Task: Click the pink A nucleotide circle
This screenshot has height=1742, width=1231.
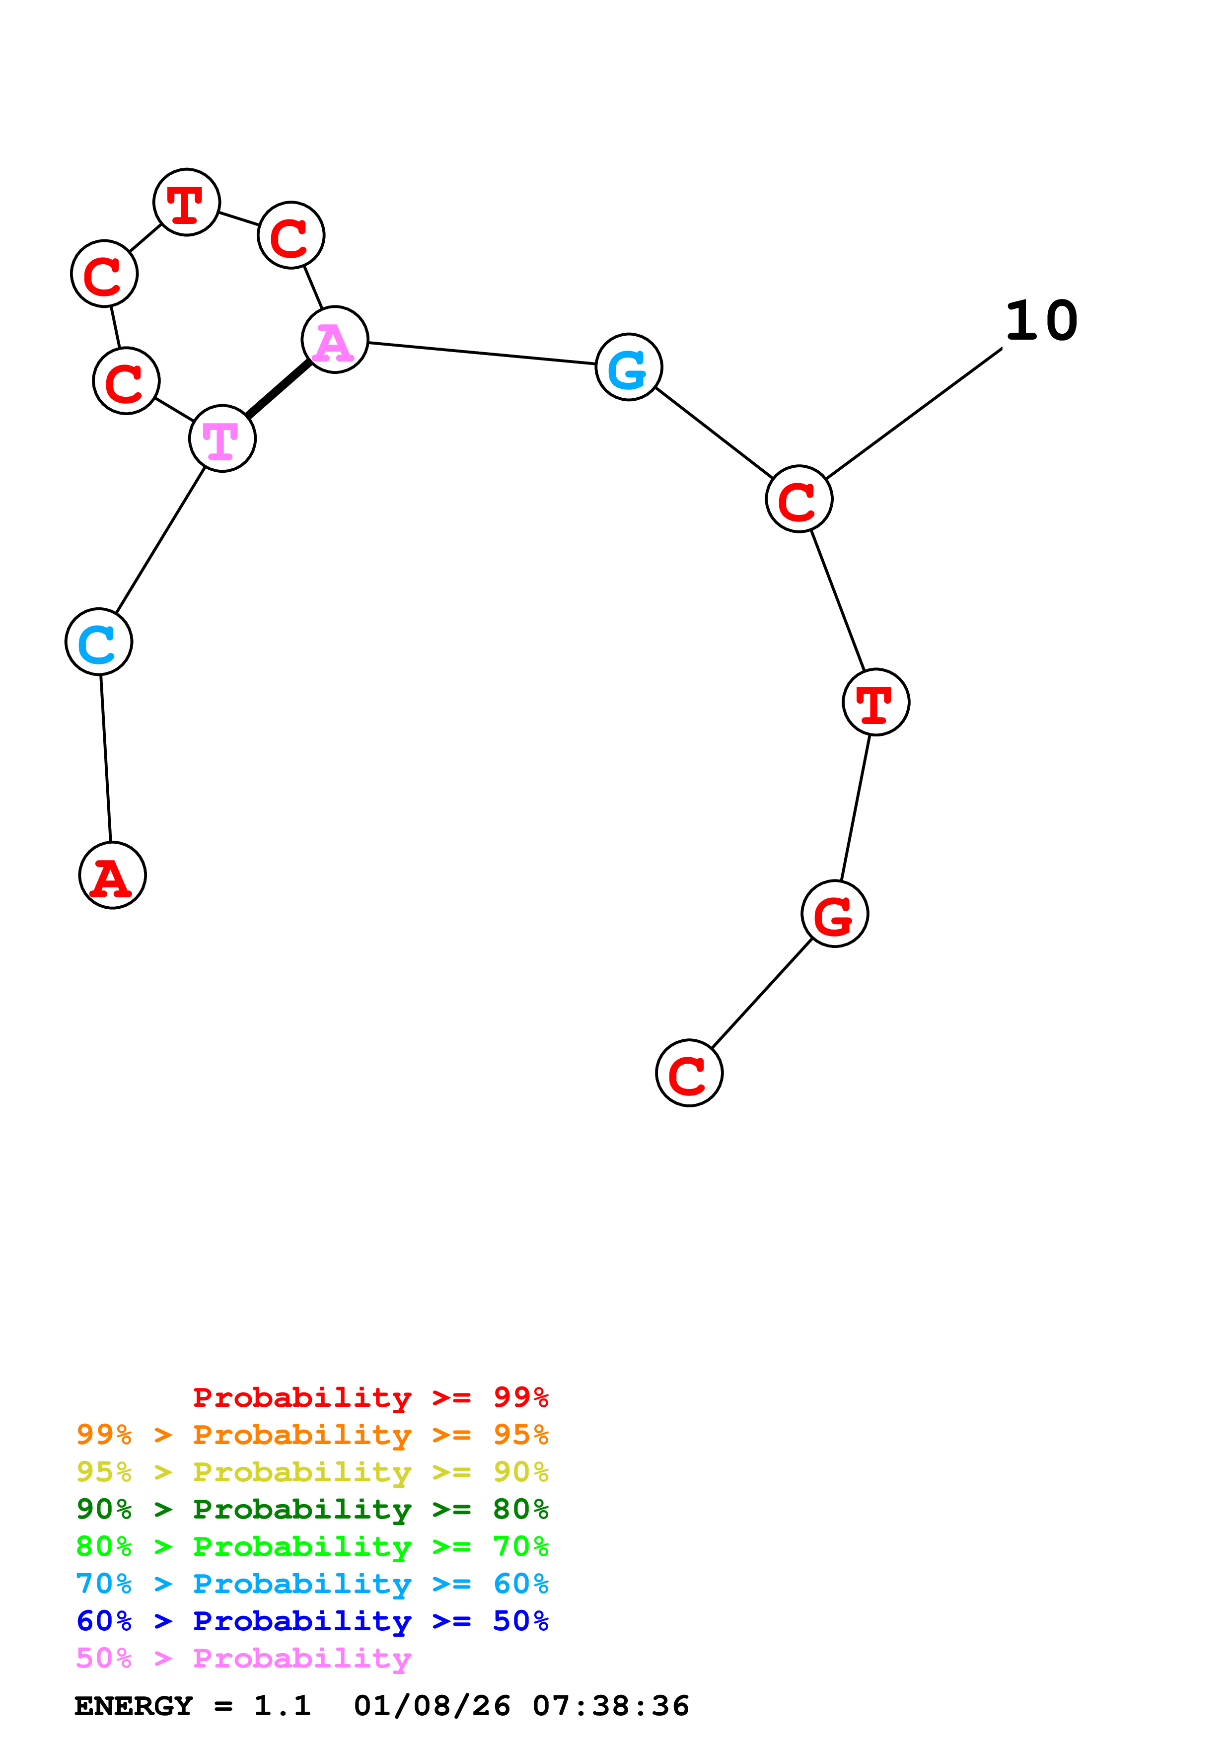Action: pyautogui.click(x=335, y=340)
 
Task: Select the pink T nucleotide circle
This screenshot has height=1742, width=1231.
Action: pyautogui.click(x=222, y=438)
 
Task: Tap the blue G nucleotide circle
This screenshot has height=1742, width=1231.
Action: pyautogui.click(x=629, y=367)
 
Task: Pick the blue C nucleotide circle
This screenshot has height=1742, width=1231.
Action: pyautogui.click(x=99, y=642)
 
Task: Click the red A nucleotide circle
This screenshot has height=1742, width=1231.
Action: pyautogui.click(x=112, y=875)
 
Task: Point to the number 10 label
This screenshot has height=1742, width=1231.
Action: pyautogui.click(x=1041, y=321)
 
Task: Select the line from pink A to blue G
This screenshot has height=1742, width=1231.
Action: pyautogui.click(x=482, y=354)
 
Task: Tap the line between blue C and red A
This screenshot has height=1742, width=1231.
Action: pyautogui.click(x=105, y=759)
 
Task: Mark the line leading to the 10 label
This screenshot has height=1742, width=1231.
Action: pyautogui.click(x=914, y=414)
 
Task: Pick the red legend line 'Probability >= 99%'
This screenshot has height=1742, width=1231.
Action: pyautogui.click(x=370, y=1397)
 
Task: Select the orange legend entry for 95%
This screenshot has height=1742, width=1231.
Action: pyautogui.click(x=312, y=1435)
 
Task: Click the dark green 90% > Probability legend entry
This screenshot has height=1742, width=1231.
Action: pyautogui.click(x=312, y=1509)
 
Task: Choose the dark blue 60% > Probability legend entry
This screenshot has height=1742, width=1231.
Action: pyautogui.click(x=312, y=1621)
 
